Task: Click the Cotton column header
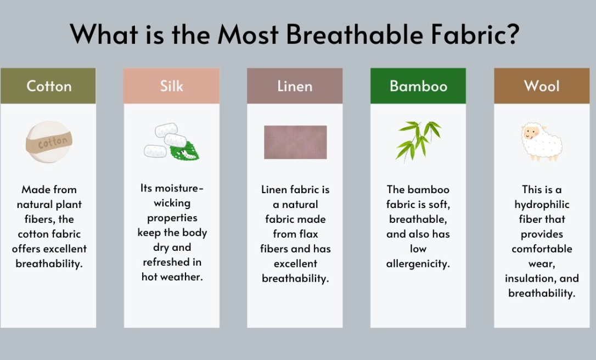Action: [48, 86]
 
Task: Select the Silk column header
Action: [171, 86]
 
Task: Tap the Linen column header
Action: [295, 86]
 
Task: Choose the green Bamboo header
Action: [418, 86]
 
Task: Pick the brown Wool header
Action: [542, 86]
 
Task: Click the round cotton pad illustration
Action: [49, 142]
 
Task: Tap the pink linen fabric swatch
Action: [295, 142]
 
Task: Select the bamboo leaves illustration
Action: [418, 140]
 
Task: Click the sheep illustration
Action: [541, 141]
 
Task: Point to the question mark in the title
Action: [511, 34]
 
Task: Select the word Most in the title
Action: [249, 34]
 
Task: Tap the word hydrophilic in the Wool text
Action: [542, 205]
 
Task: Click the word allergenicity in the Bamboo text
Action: [418, 264]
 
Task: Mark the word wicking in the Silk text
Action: [172, 204]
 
